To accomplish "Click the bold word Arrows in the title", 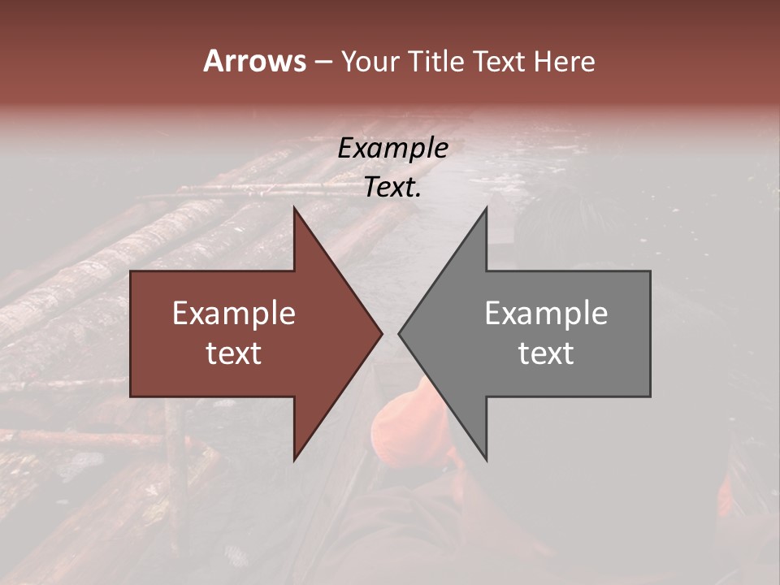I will (x=254, y=61).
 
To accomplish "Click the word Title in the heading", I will (x=438, y=62).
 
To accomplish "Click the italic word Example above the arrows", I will (x=392, y=149).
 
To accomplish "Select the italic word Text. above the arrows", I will (x=392, y=188).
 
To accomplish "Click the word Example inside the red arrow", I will (x=234, y=313).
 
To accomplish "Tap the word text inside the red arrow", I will (x=234, y=353).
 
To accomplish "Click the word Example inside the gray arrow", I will (x=546, y=313).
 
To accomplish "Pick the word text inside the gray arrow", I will (x=546, y=353).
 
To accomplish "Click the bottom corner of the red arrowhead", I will (x=294, y=459).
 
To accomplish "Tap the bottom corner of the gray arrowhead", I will (x=486, y=459).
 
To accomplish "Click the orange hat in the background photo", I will (x=406, y=422).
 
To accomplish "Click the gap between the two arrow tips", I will (x=390, y=333).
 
